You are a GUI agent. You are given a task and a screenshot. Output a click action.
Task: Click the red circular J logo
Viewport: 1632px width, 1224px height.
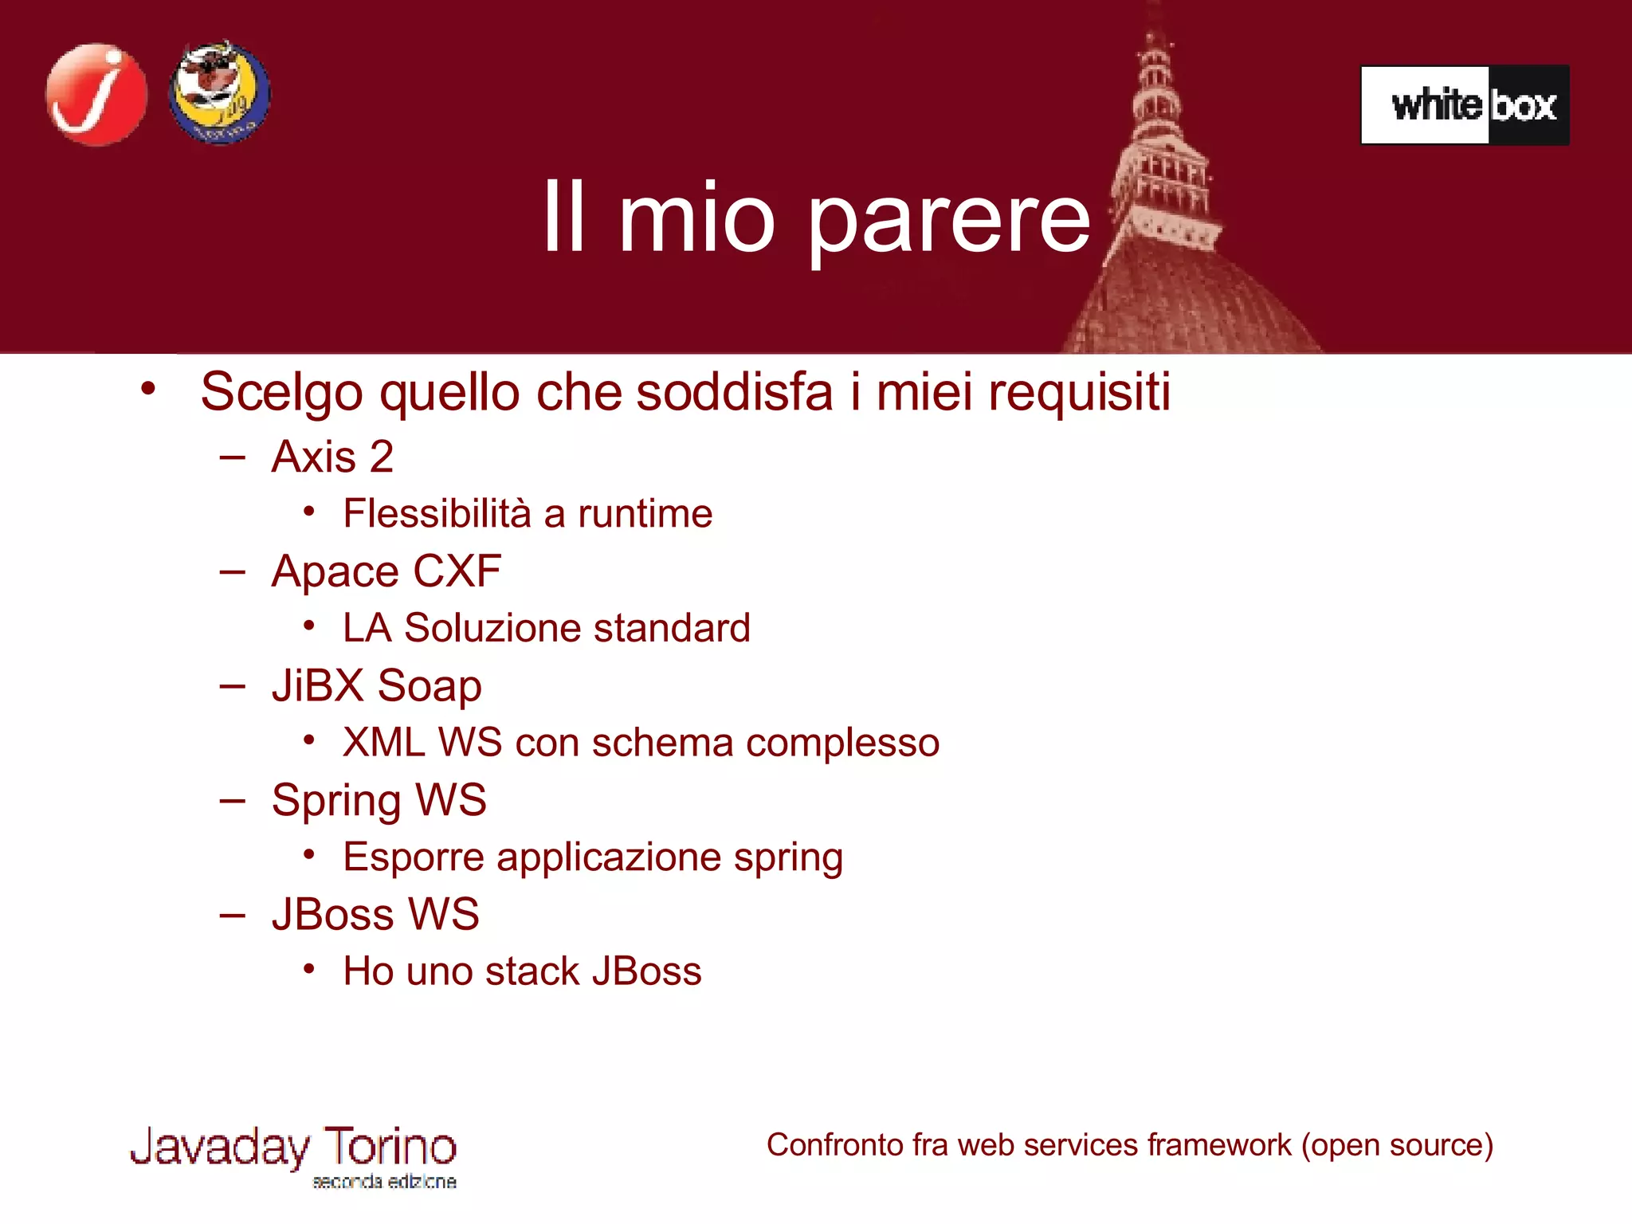tap(96, 95)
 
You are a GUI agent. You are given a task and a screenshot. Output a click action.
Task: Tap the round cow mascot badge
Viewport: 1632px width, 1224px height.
tap(220, 93)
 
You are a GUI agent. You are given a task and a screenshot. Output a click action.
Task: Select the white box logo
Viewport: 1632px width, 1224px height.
tap(1465, 105)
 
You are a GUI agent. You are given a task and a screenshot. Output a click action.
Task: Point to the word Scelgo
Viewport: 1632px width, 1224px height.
tap(281, 392)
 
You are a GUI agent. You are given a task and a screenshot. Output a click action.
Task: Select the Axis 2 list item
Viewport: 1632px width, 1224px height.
tap(332, 457)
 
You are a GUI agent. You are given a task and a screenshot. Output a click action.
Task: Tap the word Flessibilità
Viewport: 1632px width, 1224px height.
tap(437, 513)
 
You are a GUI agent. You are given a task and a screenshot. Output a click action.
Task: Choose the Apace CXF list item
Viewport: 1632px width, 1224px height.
tap(386, 571)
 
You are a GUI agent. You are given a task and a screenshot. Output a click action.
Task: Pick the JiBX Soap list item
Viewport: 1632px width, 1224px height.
tap(376, 686)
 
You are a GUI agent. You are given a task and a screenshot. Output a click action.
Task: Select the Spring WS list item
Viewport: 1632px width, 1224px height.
tap(379, 800)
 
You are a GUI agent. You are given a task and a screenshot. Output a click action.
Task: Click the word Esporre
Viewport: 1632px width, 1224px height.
tap(414, 857)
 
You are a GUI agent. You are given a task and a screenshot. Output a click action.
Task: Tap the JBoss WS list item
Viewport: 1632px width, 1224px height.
tap(375, 914)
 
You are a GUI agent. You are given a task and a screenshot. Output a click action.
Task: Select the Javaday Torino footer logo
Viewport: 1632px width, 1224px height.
tap(293, 1155)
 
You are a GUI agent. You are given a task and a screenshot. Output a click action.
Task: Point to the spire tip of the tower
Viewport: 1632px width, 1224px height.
tap(1152, 16)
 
